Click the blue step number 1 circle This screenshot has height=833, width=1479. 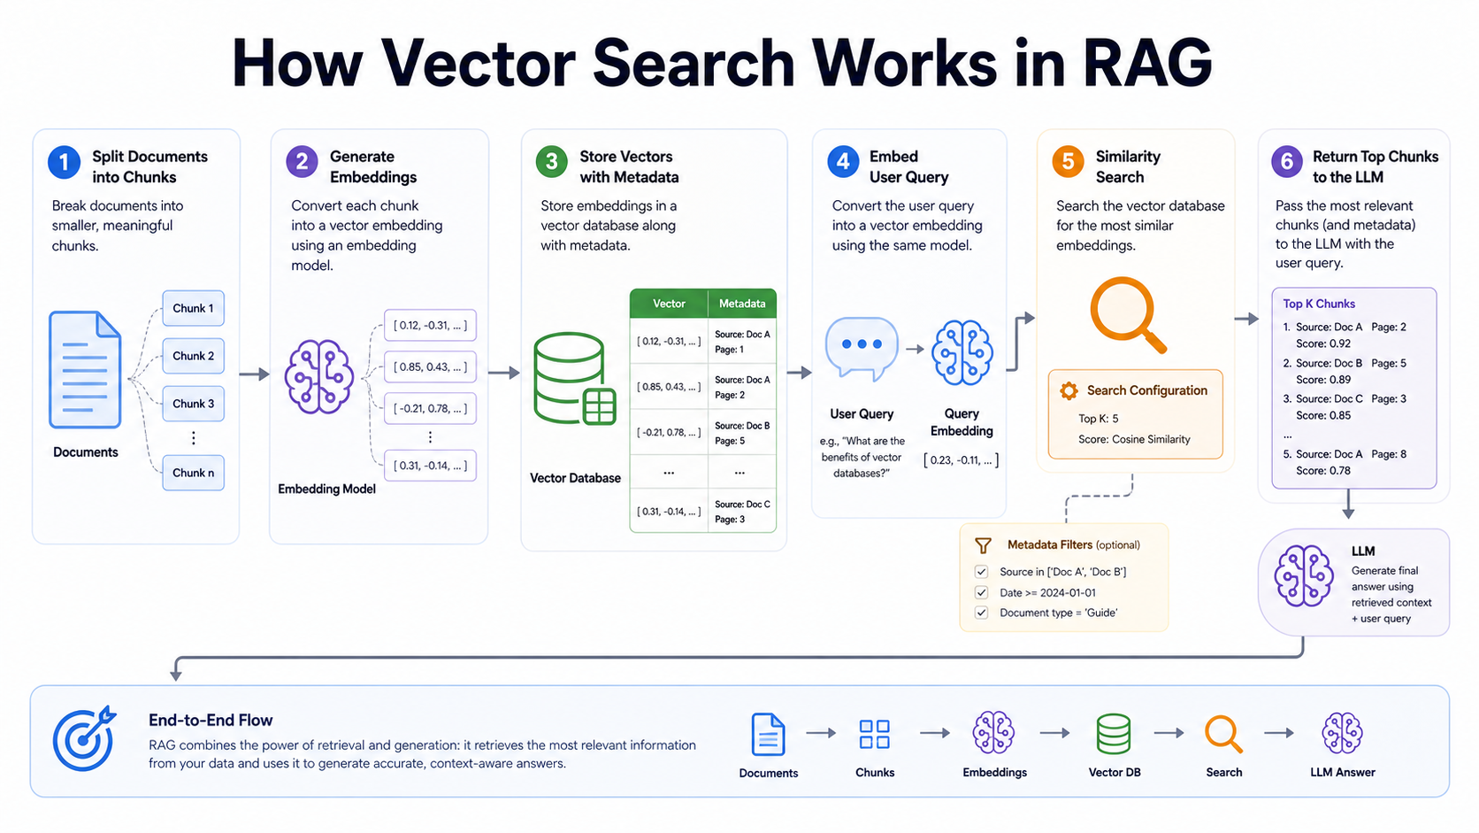64,163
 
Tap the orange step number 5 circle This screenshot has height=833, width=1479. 1068,162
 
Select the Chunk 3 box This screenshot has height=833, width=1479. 194,404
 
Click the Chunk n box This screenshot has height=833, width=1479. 194,473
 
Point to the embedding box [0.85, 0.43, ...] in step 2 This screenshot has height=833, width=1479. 431,366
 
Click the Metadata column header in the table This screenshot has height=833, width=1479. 742,304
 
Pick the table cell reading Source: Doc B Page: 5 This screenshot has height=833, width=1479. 742,433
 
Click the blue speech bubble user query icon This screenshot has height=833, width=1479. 862,348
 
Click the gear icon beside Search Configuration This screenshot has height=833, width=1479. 1069,390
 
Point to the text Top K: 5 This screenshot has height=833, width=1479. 1098,418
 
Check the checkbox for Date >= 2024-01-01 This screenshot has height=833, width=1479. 982,592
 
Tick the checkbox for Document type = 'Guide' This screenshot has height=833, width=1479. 982,613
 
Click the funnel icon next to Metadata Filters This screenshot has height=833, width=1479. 983,545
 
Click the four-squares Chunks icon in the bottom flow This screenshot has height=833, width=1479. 875,734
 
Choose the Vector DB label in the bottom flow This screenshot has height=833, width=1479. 1115,772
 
